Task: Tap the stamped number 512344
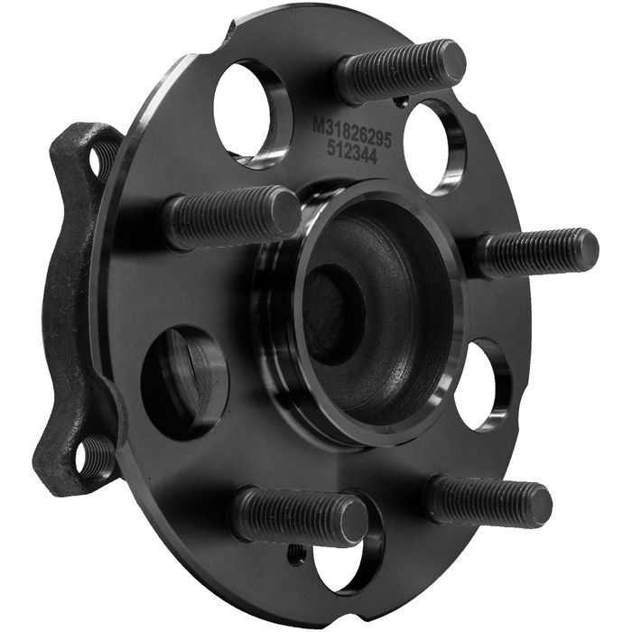(x=351, y=153)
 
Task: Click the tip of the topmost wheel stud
(x=452, y=59)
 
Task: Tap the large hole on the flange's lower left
(x=183, y=382)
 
